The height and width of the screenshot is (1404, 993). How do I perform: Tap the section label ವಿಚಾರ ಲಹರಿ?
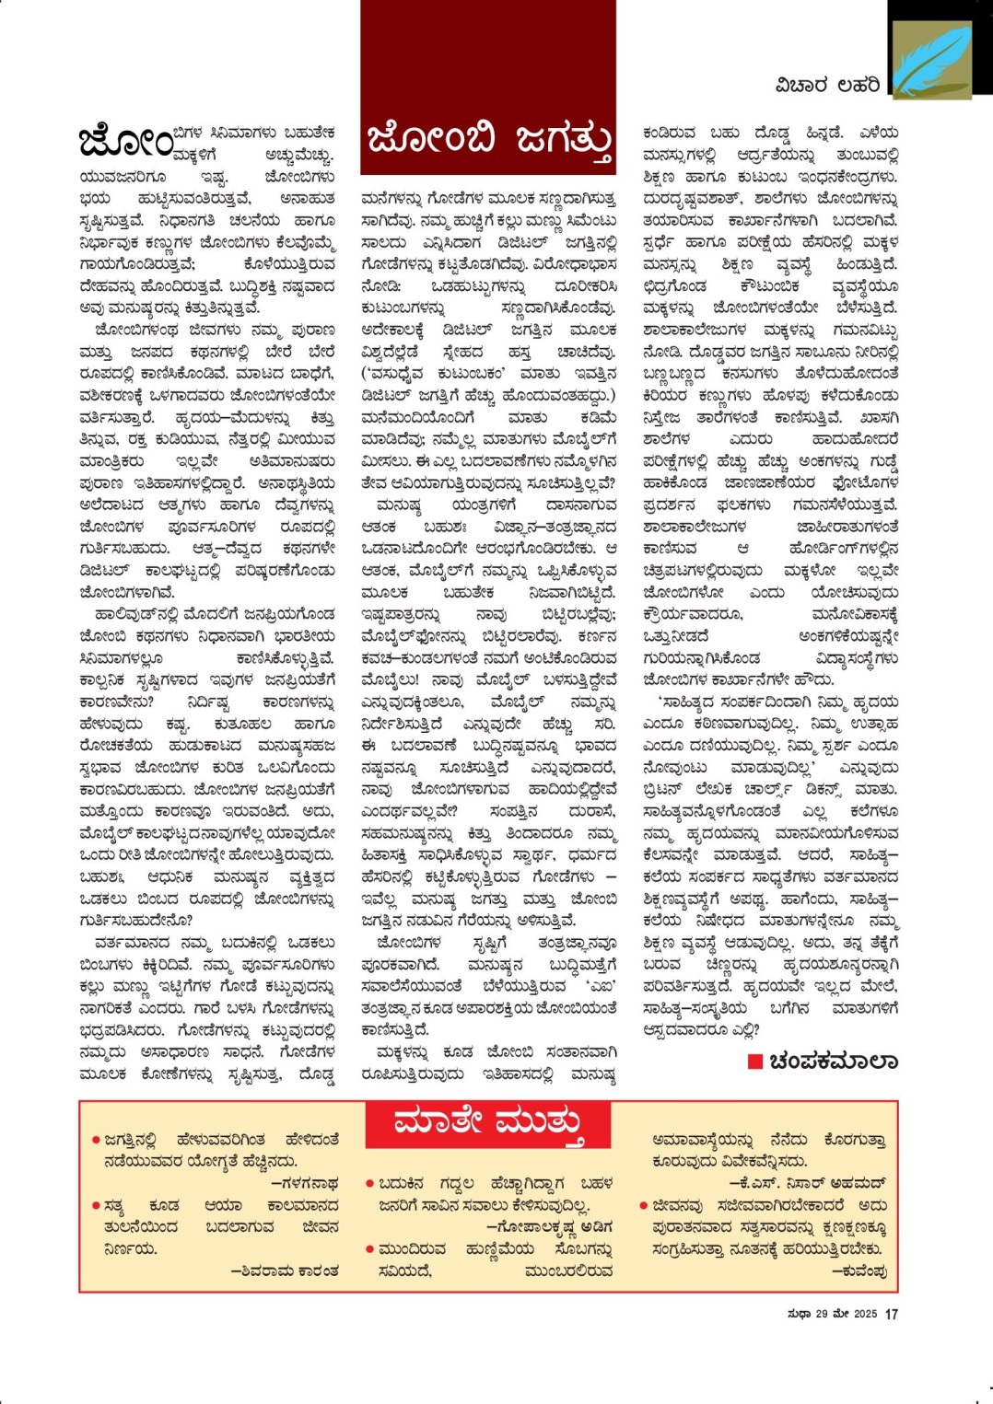(x=826, y=86)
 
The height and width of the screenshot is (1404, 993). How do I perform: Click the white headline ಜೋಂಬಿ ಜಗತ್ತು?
(x=488, y=141)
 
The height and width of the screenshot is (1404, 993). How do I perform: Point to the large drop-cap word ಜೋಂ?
(x=125, y=143)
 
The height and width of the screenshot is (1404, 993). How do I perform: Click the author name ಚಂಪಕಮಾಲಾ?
(x=833, y=1062)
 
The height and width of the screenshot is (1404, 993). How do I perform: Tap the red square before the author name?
(x=754, y=1062)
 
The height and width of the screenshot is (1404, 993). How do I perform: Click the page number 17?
(x=891, y=1314)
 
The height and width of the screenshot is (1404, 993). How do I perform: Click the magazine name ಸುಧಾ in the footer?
(x=799, y=1314)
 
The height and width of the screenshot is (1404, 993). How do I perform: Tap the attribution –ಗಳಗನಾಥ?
(x=305, y=1183)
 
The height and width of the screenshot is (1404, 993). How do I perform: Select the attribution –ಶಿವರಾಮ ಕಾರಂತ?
(x=285, y=1271)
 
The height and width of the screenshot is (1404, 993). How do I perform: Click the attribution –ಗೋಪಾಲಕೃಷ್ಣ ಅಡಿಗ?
(x=549, y=1227)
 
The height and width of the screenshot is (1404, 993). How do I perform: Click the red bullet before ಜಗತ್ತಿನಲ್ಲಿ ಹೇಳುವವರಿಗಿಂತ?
(x=96, y=1140)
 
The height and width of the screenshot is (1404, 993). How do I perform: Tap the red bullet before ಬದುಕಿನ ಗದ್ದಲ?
(x=370, y=1184)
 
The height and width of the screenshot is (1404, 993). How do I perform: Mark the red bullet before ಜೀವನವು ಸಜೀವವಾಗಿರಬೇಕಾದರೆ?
(x=644, y=1205)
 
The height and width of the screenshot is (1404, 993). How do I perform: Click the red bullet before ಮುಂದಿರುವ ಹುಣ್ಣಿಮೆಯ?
(x=370, y=1249)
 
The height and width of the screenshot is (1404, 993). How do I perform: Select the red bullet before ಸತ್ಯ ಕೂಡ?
(x=96, y=1205)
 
